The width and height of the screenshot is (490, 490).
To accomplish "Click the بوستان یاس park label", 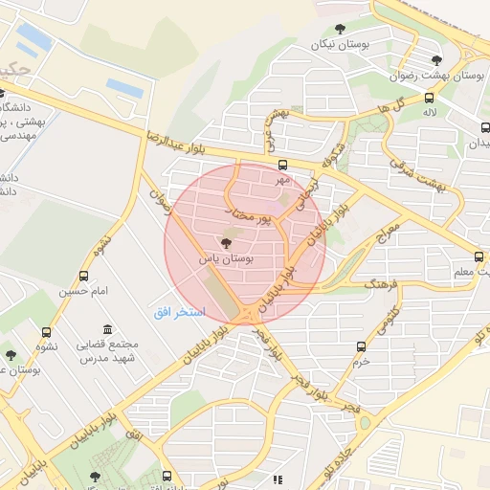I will (226, 259).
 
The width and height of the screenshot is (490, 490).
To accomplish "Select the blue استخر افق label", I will (179, 314).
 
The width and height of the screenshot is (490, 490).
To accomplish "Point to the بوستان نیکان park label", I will (340, 45).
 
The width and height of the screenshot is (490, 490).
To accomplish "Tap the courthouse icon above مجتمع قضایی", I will (105, 329).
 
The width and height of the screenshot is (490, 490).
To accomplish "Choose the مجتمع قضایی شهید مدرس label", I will (107, 350).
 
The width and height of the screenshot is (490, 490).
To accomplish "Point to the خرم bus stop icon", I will (361, 346).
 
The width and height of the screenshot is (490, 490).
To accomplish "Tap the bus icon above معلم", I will (479, 256).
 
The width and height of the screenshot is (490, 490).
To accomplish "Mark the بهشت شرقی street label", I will (415, 174).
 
